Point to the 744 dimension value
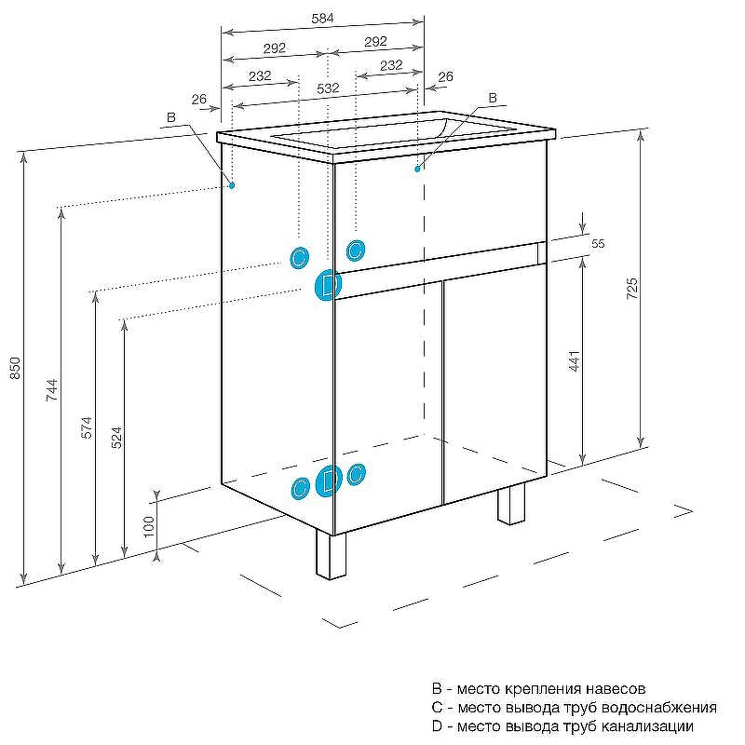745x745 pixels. click(52, 390)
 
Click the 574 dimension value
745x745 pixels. click(86, 427)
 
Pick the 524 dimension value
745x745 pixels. click(115, 439)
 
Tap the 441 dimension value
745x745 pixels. click(575, 361)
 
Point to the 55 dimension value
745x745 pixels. click(598, 243)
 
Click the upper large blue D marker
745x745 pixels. click(327, 285)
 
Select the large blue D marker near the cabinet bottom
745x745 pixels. click(329, 481)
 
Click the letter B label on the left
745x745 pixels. click(170, 117)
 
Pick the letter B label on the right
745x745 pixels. click(493, 98)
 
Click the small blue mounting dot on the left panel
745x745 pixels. click(232, 185)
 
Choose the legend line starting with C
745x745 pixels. click(574, 708)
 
